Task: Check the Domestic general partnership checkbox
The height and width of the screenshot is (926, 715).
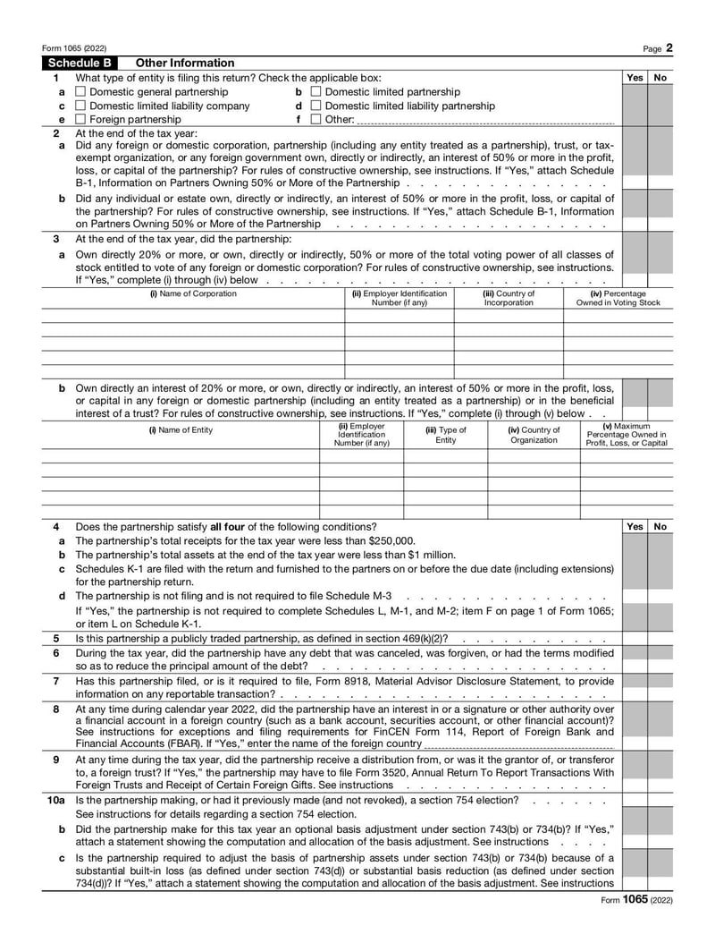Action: coord(80,92)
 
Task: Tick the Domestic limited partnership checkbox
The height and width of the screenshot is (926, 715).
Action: coord(315,92)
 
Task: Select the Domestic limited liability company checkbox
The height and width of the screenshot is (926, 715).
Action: coord(80,106)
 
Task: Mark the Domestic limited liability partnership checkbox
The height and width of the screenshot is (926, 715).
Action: coord(315,106)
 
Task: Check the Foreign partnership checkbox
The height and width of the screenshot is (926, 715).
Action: coord(80,119)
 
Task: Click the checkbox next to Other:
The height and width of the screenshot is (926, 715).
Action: coord(315,119)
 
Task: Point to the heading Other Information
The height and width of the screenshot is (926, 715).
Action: coord(184,64)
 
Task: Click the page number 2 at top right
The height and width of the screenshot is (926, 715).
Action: coord(669,47)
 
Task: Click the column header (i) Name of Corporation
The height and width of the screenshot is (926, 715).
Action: coord(193,293)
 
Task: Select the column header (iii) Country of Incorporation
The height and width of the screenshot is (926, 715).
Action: coord(509,298)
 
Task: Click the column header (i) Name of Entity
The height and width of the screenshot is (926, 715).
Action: coord(181,430)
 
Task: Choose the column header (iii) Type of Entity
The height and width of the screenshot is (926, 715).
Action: coord(445,435)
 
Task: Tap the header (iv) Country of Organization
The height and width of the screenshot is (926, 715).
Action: coord(534,435)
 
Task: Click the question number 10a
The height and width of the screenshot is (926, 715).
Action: coord(55,800)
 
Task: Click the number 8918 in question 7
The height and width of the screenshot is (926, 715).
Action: coord(455,681)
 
